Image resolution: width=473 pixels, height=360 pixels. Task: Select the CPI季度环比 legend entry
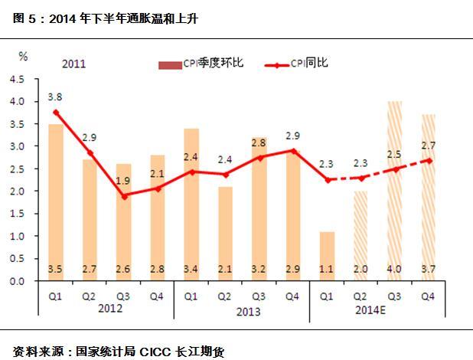coord(201,63)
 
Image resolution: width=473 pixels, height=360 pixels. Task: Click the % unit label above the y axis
coord(23,55)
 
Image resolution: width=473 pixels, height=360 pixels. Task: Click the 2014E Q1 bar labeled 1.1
coord(326,257)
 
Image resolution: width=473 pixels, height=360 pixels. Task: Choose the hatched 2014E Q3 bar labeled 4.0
coord(393,191)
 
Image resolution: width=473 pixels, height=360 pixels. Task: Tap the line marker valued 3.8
coord(56,112)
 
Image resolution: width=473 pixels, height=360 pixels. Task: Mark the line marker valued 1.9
coord(123,195)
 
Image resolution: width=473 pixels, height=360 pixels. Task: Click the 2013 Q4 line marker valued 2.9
coord(292,151)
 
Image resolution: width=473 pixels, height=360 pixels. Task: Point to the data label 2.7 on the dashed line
coord(428,144)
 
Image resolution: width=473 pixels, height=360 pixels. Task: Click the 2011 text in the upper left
coord(73,64)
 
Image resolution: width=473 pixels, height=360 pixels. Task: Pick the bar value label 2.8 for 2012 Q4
coord(157,269)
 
